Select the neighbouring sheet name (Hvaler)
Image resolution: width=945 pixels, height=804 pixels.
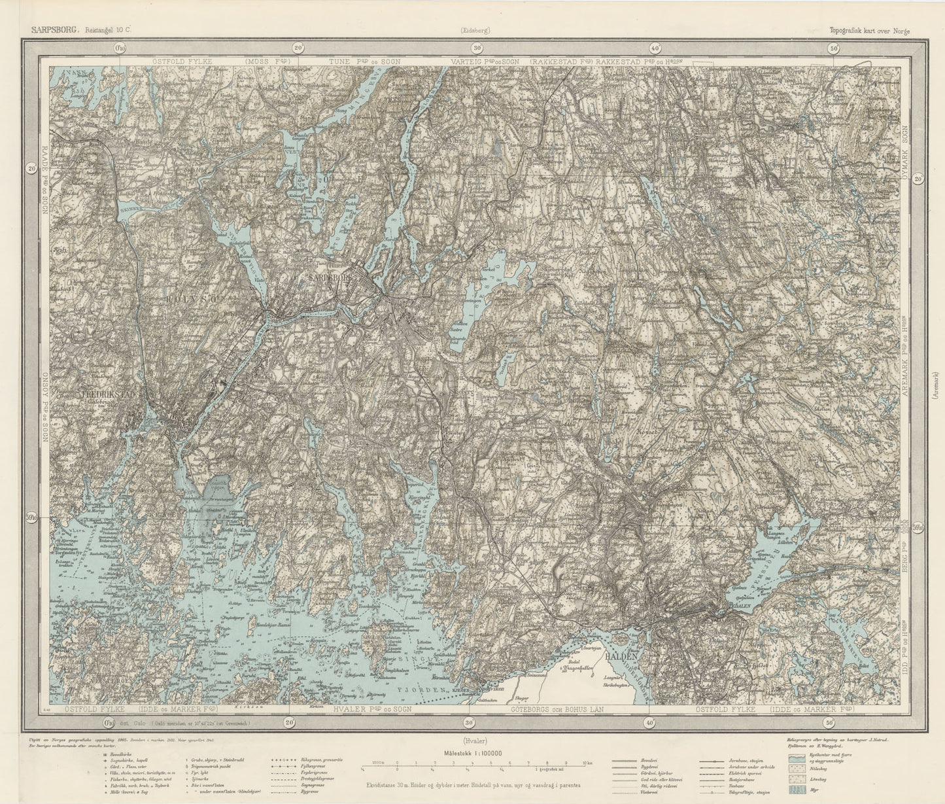tap(474, 741)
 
